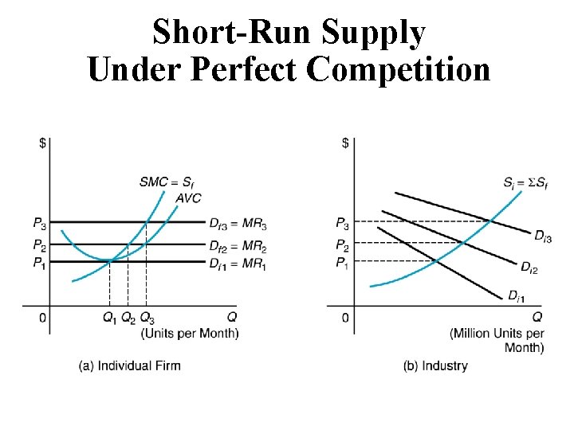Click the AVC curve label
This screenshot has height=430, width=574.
189,197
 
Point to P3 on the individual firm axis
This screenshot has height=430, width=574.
39,222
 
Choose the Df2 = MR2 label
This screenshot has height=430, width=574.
238,245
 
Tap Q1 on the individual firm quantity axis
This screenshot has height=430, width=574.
109,319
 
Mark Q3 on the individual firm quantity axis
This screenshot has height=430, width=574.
147,319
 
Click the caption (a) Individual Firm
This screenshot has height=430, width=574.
129,365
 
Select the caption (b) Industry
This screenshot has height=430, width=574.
435,365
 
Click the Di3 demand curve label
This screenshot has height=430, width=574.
543,236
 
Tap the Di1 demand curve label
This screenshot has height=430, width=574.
517,296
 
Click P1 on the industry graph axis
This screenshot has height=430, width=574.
341,263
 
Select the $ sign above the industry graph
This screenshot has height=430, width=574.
345,143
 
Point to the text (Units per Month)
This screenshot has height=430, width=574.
190,333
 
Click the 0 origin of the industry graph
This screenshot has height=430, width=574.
345,319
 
